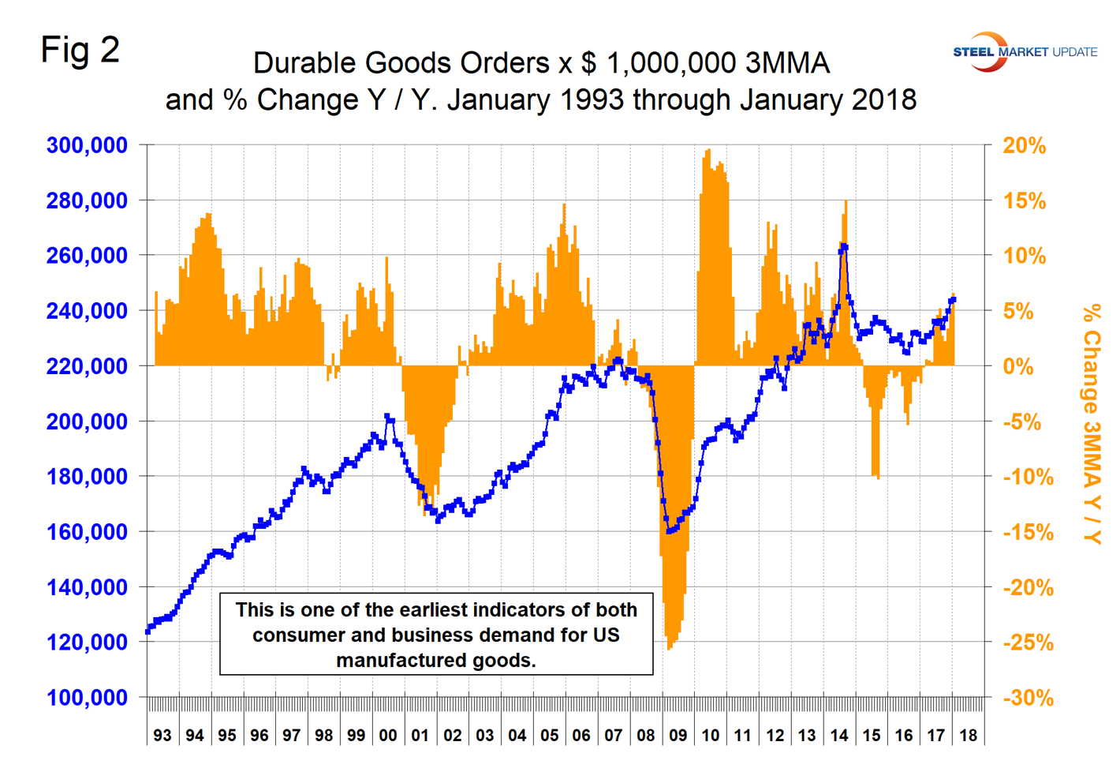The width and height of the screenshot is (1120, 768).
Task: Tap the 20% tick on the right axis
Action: tap(1024, 145)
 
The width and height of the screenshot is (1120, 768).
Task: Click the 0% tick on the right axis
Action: tap(1018, 366)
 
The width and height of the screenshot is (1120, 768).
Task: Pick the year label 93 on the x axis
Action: tap(162, 736)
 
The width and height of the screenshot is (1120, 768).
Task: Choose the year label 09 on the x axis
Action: tap(678, 736)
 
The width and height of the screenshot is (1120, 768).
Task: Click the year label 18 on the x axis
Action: tap(968, 736)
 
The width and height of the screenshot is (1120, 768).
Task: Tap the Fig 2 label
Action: tap(80, 51)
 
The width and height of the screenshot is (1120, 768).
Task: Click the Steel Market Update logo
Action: tap(1024, 52)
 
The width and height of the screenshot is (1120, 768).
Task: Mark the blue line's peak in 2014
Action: tap(844, 247)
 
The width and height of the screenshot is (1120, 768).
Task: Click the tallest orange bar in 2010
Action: tap(708, 150)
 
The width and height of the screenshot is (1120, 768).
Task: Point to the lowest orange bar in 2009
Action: tap(669, 649)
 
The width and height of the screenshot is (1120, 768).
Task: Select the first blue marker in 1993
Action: tap(147, 631)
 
